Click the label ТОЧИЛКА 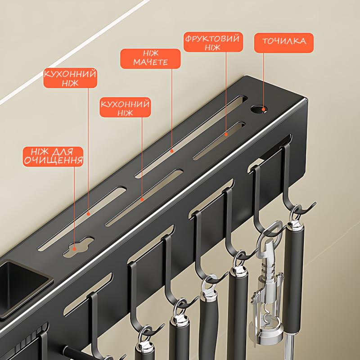point(284,43)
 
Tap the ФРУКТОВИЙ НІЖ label point(213,42)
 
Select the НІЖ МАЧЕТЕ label point(150,58)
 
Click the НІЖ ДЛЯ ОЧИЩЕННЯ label point(53,157)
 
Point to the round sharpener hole point(260,109)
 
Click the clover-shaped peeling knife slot point(78,247)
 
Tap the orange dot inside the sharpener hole point(263,109)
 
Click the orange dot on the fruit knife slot point(226,134)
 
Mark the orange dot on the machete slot point(171,151)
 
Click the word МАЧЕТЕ point(150,63)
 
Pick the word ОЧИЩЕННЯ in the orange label point(53,161)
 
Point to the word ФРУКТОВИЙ point(212,38)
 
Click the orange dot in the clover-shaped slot point(74,249)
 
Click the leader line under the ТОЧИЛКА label point(263,81)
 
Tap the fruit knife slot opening point(219,140)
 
